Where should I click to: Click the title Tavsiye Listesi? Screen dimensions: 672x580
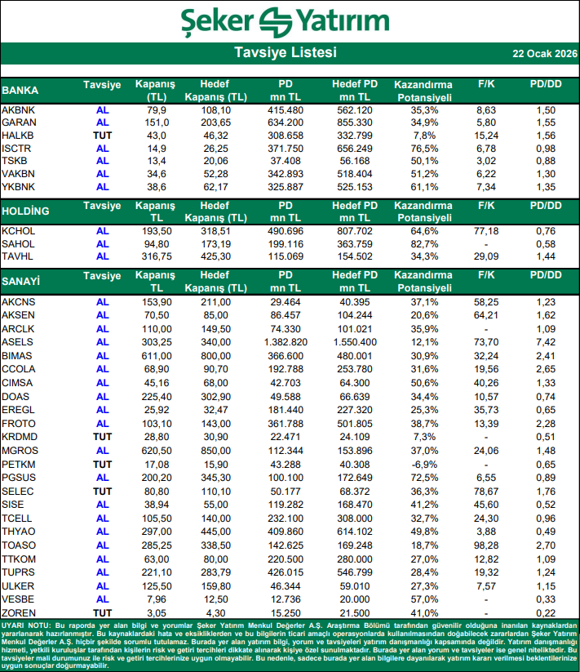285,53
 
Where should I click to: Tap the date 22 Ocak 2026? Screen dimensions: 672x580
544,54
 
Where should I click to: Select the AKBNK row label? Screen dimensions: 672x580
18,109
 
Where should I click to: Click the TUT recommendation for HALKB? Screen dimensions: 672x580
102,134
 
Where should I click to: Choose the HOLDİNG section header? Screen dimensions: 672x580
25,211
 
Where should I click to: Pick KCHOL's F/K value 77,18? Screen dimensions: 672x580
486,231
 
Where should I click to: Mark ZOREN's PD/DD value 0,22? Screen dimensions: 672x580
546,612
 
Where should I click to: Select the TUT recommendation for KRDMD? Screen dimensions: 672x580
102,436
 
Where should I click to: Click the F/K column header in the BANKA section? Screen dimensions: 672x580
486,84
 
